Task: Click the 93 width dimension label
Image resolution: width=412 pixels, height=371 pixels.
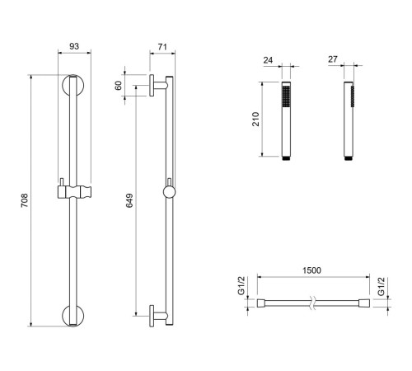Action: (x=74, y=46)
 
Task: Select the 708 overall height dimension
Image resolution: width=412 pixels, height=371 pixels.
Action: (x=25, y=200)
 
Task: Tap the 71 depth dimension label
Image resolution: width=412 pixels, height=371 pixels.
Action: (x=162, y=47)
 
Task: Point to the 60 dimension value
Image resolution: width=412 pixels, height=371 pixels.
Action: (x=118, y=86)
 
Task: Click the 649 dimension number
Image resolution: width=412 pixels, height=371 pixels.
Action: (x=129, y=200)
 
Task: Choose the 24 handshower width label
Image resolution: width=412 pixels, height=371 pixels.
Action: (x=268, y=60)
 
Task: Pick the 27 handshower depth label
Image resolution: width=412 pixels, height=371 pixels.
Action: (x=333, y=59)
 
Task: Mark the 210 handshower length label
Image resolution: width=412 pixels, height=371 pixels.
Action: (x=255, y=119)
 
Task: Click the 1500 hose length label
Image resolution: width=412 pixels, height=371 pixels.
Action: (x=311, y=270)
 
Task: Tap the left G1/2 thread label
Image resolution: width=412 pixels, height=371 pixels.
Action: (x=241, y=286)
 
